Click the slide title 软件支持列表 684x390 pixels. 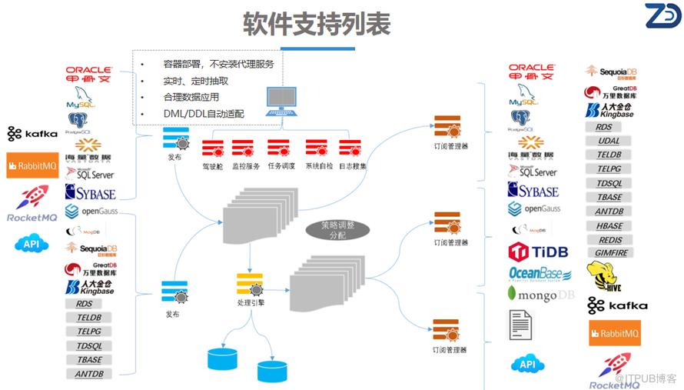point(317,24)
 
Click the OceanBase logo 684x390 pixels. point(540,275)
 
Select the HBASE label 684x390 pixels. point(609,226)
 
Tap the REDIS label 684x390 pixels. point(610,240)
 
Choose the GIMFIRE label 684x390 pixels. point(612,253)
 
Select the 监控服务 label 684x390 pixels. point(246,166)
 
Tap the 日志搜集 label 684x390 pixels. point(353,166)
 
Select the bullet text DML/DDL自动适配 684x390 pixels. point(204,114)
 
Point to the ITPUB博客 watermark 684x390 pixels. point(646,378)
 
